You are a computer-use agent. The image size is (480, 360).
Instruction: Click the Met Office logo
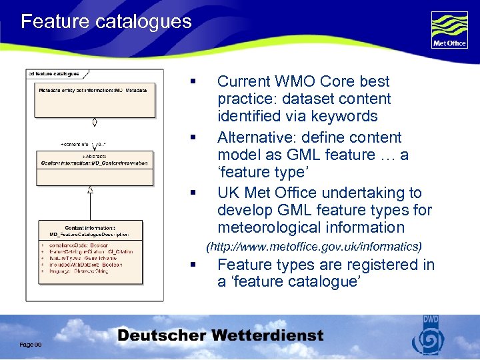pos(449,31)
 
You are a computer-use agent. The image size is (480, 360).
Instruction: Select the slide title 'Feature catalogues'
pos(106,21)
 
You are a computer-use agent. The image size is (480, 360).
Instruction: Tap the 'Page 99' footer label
pos(31,345)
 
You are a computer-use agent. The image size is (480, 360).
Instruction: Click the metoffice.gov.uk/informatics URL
pos(314,247)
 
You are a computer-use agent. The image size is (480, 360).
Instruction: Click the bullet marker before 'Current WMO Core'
pos(192,82)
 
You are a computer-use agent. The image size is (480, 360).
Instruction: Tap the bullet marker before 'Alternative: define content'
pos(192,138)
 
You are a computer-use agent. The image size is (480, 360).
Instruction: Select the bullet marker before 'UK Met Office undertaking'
pos(192,193)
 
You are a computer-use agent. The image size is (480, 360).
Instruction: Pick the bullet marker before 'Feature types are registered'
pos(192,265)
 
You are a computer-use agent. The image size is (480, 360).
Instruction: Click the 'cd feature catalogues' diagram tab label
pos(54,74)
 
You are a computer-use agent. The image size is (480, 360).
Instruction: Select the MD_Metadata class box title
pos(93,89)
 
